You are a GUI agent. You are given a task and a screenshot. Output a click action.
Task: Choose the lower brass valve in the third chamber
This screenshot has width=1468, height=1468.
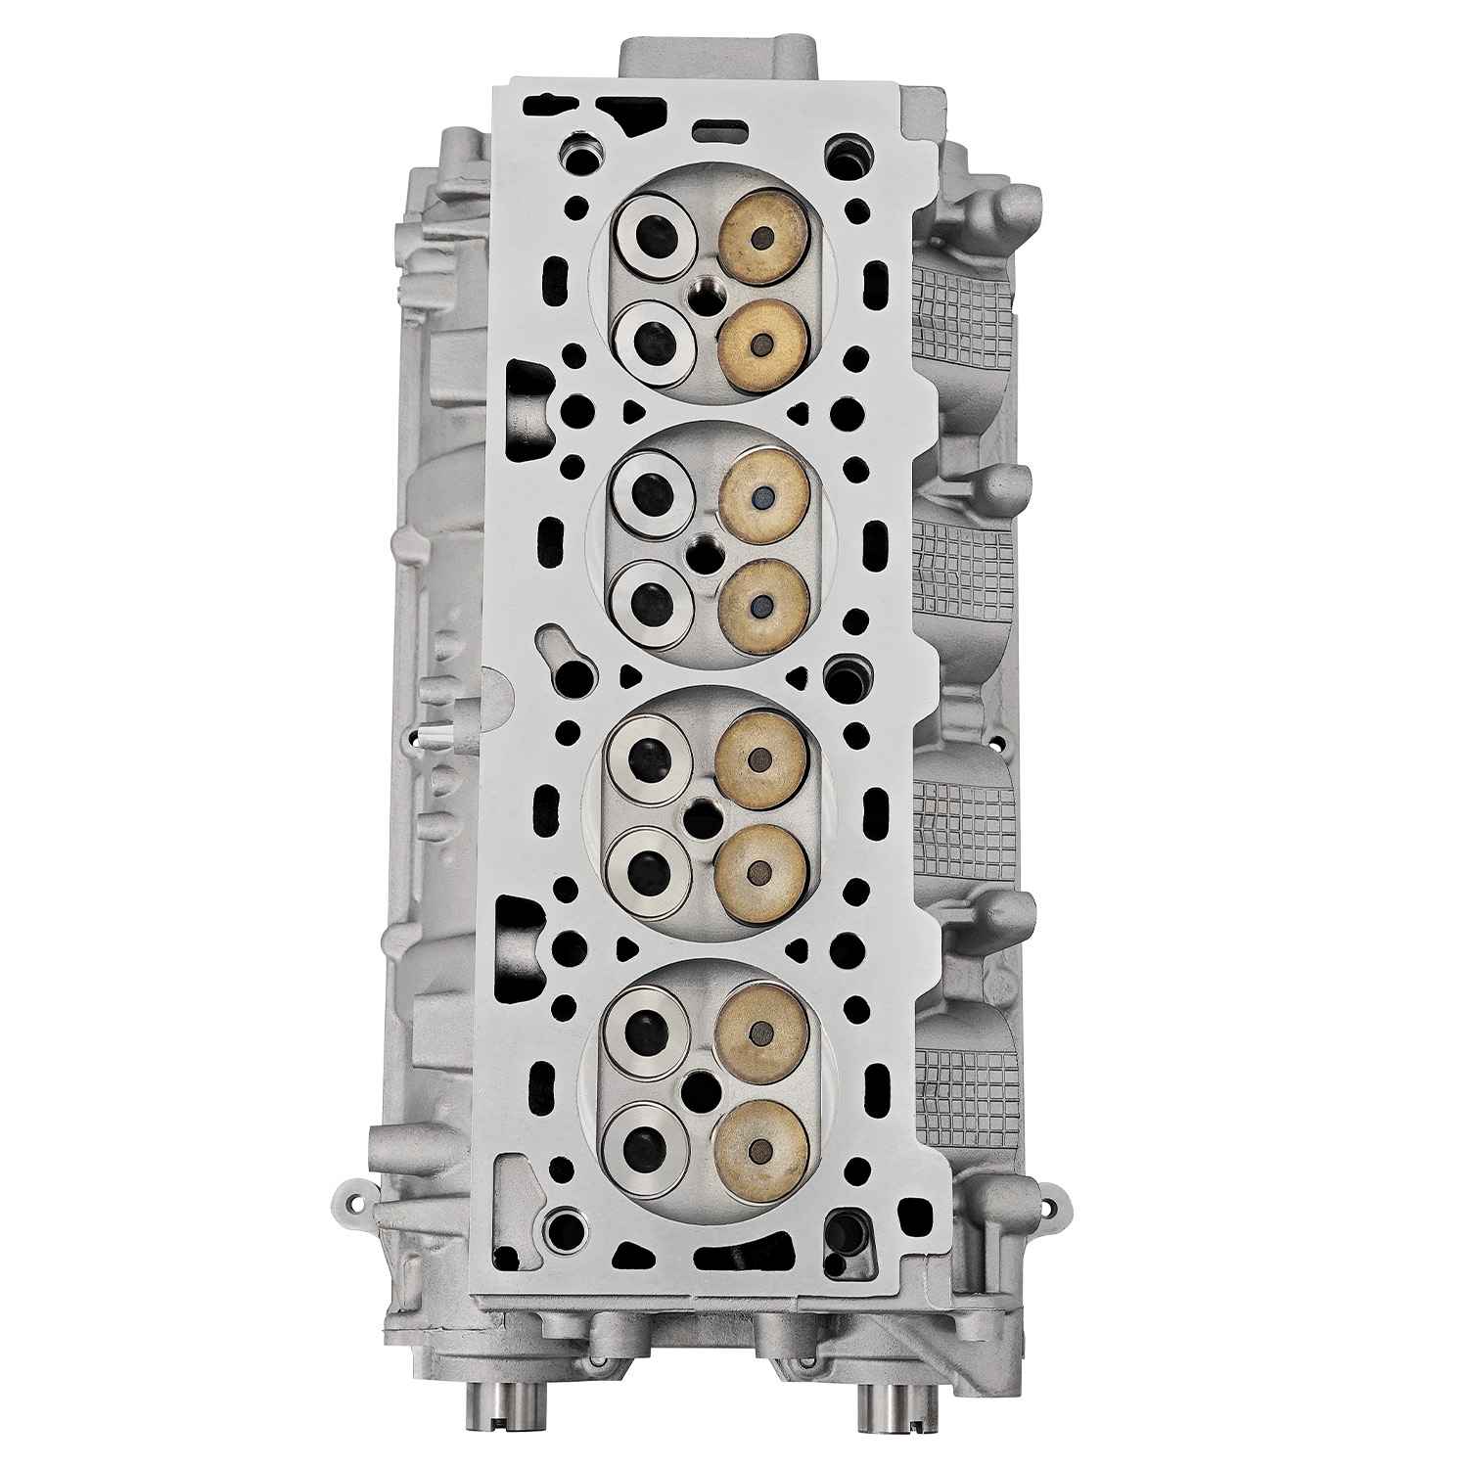761,868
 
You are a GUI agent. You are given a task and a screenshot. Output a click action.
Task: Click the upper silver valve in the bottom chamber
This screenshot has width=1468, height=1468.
648,1025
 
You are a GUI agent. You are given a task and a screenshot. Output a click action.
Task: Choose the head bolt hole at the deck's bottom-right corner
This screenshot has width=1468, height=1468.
840,1222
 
